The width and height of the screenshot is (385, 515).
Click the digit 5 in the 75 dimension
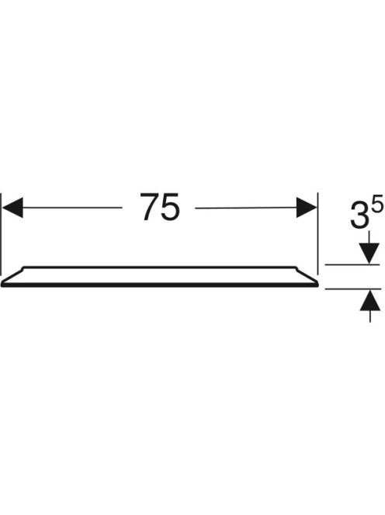171,207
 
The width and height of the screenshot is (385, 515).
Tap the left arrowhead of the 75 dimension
12,208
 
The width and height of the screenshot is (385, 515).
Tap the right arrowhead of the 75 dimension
307,207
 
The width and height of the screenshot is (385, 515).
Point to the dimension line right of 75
246,208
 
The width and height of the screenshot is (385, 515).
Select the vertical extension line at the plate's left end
1,234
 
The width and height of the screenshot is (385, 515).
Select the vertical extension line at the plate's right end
318,233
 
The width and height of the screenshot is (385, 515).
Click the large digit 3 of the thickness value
359,216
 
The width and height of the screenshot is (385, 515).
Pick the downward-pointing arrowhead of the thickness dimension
369,253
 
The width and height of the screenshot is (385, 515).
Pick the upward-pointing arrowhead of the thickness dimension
370,300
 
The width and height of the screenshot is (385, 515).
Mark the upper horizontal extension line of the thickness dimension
352,264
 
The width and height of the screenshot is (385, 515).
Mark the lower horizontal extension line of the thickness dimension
353,289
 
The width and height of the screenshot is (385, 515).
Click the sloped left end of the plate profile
12,276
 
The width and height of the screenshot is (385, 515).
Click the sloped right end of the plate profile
307,276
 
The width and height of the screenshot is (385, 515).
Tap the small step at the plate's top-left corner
22,268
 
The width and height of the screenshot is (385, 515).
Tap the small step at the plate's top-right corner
297,268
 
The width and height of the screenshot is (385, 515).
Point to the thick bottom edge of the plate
160,285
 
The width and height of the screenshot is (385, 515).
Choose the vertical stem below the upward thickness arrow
370,316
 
